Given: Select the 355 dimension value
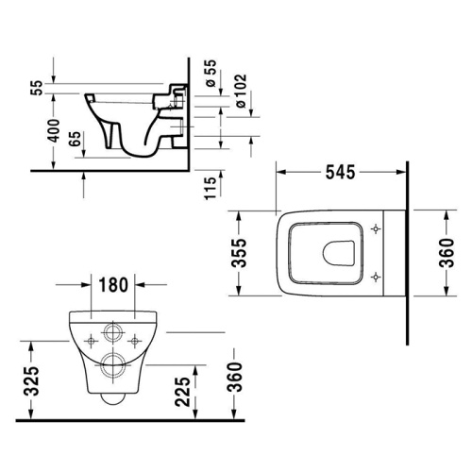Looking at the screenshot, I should coord(241,252).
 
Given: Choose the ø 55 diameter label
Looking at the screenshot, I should coord(209,78).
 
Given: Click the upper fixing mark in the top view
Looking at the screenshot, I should coord(378,229).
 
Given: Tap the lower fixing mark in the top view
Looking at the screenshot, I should coord(378,276).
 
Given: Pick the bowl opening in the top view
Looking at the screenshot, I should coord(338,252).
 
